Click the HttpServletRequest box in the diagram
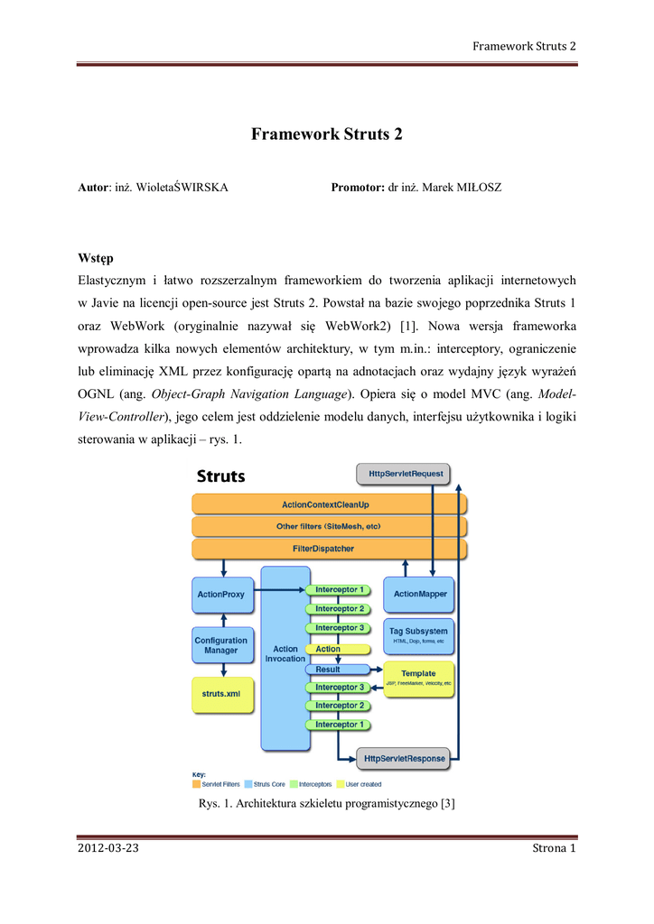pos(403,473)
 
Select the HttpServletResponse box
pos(403,759)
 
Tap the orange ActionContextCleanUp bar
pos(330,504)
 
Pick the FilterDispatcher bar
pos(330,549)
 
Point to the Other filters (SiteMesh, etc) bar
pos(330,526)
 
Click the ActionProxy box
pos(220,595)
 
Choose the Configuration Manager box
pos(220,645)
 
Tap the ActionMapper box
pos(420,594)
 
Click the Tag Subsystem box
pos(420,635)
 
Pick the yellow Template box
pos(418,678)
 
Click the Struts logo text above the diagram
pos(220,476)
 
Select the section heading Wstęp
pos(96,259)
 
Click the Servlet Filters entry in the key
pos(220,784)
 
